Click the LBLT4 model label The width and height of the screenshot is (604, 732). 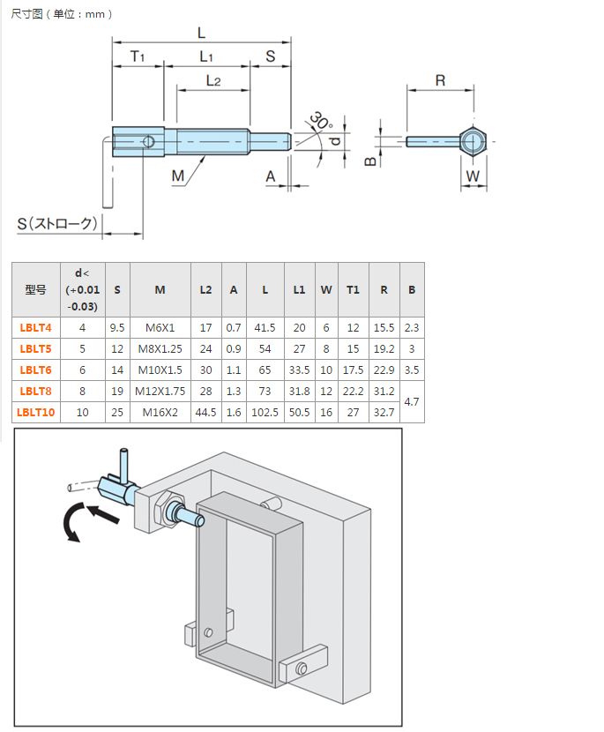[x=35, y=327]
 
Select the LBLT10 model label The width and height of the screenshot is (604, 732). [x=38, y=412]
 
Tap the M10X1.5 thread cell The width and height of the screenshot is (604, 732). [x=160, y=370]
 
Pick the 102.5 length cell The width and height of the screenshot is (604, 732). [x=265, y=412]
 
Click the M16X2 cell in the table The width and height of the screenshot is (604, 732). [x=160, y=412]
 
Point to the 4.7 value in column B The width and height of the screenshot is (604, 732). [x=412, y=401]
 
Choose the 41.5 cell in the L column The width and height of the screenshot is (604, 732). [x=265, y=327]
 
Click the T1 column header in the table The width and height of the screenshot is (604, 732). [x=353, y=289]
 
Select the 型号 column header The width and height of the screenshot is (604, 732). [x=35, y=289]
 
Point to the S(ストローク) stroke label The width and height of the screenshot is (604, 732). [x=57, y=223]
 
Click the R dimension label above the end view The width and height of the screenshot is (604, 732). [x=440, y=80]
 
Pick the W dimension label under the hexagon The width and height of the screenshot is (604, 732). [x=473, y=176]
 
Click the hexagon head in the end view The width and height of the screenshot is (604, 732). [x=473, y=141]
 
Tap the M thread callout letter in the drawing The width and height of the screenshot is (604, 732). [x=178, y=176]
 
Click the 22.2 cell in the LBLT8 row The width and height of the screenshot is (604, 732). [x=353, y=391]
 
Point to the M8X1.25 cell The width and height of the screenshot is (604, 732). [x=160, y=348]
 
